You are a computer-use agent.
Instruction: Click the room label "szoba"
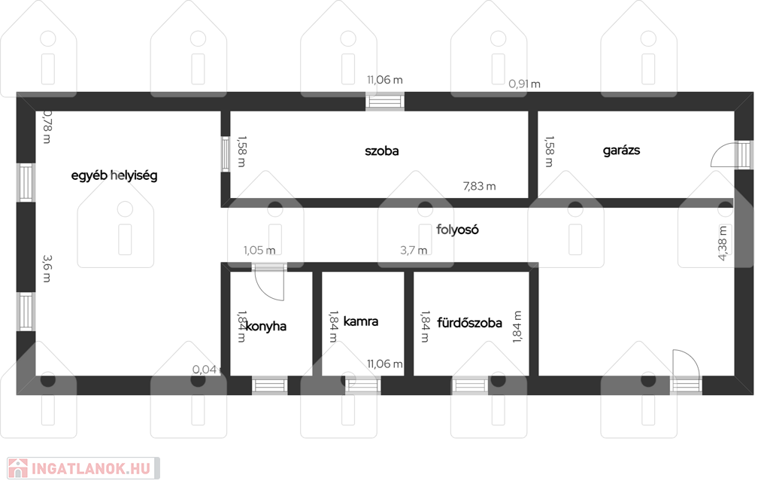coord(381,151)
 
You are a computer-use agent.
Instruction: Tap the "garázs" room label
coord(621,151)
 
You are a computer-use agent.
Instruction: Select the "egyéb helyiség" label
coord(114,175)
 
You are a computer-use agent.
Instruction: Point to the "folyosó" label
coord(457,230)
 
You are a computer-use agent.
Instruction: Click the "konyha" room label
coord(265,327)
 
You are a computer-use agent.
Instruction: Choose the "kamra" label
coord(360,322)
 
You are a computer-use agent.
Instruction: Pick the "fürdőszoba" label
coord(469,323)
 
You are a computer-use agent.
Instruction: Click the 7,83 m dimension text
coord(479,186)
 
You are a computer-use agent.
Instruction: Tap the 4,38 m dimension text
coord(723,243)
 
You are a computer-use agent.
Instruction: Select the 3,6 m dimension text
coord(47,268)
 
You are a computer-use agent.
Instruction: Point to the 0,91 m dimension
coord(524,84)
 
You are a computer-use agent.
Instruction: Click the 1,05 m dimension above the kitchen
coord(259,250)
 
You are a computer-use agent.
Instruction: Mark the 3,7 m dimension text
coord(414,250)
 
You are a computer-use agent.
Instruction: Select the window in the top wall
coord(385,101)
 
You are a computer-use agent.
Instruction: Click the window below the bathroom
coord(470,385)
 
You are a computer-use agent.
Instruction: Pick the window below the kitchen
coord(270,385)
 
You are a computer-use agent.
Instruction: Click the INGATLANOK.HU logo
coord(83,468)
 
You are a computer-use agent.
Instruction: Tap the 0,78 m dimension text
coord(47,126)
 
